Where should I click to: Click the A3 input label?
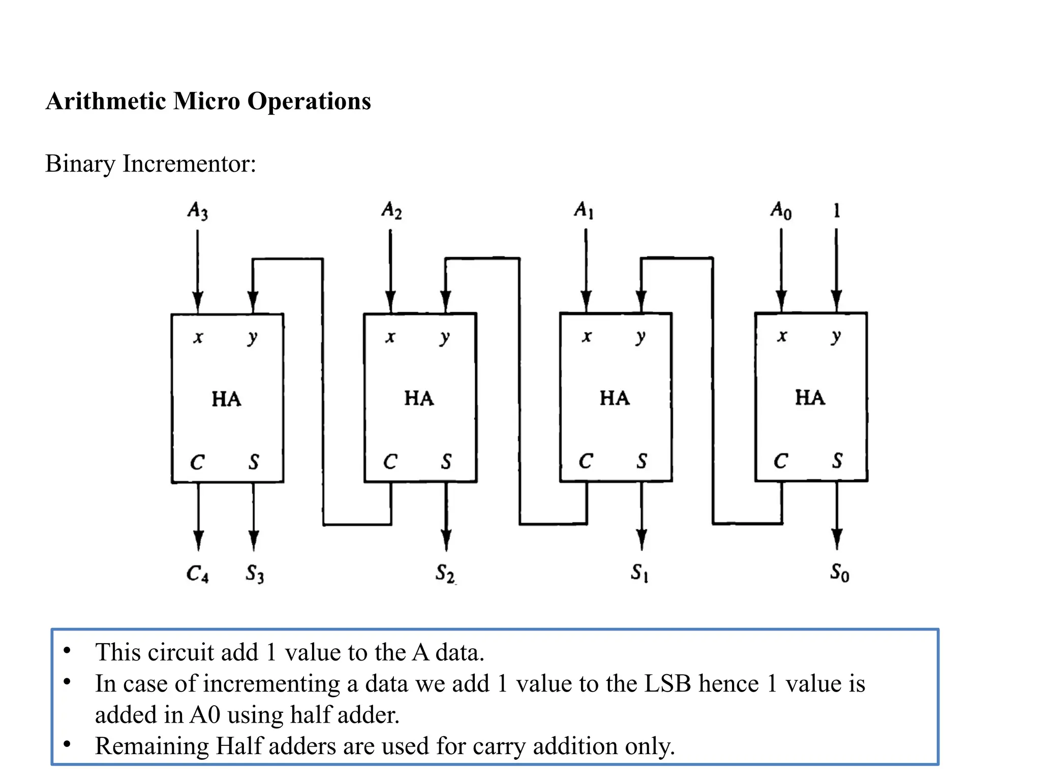pyautogui.click(x=198, y=210)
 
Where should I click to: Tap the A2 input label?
pyautogui.click(x=391, y=209)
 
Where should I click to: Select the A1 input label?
pyautogui.click(x=584, y=209)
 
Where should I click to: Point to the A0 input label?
pyautogui.click(x=781, y=209)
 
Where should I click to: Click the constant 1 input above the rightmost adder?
pyautogui.click(x=837, y=210)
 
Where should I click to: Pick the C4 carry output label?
pyautogui.click(x=197, y=574)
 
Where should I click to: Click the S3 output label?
pyautogui.click(x=255, y=574)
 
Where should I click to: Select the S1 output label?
pyautogui.click(x=639, y=573)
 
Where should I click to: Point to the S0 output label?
pyautogui.click(x=839, y=573)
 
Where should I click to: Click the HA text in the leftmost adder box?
pyautogui.click(x=226, y=399)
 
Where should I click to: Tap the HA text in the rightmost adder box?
pyautogui.click(x=810, y=398)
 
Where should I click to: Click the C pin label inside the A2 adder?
pyautogui.click(x=390, y=462)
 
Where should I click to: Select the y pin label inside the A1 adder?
pyautogui.click(x=640, y=337)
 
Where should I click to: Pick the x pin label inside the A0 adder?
pyautogui.click(x=782, y=336)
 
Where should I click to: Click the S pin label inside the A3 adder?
pyautogui.click(x=254, y=462)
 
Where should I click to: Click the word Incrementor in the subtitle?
pyautogui.click(x=189, y=164)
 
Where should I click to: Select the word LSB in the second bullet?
pyautogui.click(x=667, y=683)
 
